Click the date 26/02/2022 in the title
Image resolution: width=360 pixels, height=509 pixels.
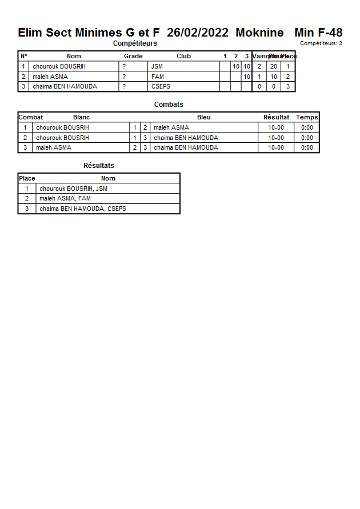click(x=197, y=33)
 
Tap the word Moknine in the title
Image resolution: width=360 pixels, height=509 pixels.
click(x=259, y=33)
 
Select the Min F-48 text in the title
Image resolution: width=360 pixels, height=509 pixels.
click(x=318, y=33)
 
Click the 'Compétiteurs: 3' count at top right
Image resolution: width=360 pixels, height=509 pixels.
click(x=321, y=43)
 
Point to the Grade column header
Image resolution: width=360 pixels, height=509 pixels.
click(x=133, y=56)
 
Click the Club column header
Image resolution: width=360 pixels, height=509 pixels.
click(x=183, y=56)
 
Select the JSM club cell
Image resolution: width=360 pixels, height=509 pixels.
click(x=157, y=66)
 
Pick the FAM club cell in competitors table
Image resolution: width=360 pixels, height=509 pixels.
click(x=158, y=77)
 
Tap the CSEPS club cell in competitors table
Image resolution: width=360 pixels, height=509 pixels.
click(x=161, y=86)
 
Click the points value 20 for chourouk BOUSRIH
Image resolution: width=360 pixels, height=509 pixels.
click(x=274, y=66)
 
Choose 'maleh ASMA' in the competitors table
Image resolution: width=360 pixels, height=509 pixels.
click(x=50, y=77)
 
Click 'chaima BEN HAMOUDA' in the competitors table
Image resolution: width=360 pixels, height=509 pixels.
click(x=65, y=86)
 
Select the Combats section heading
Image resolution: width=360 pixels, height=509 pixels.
click(x=169, y=105)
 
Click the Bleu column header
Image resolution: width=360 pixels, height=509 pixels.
click(x=203, y=117)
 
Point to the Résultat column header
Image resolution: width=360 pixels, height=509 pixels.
click(x=276, y=117)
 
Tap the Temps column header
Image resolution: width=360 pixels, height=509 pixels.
click(x=307, y=117)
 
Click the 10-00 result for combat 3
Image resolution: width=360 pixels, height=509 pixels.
click(x=276, y=147)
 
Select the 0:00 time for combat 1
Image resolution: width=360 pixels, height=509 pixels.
click(x=307, y=127)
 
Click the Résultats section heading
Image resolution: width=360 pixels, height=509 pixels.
click(x=99, y=166)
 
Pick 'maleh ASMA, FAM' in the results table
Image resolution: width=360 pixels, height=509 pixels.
click(x=65, y=198)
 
